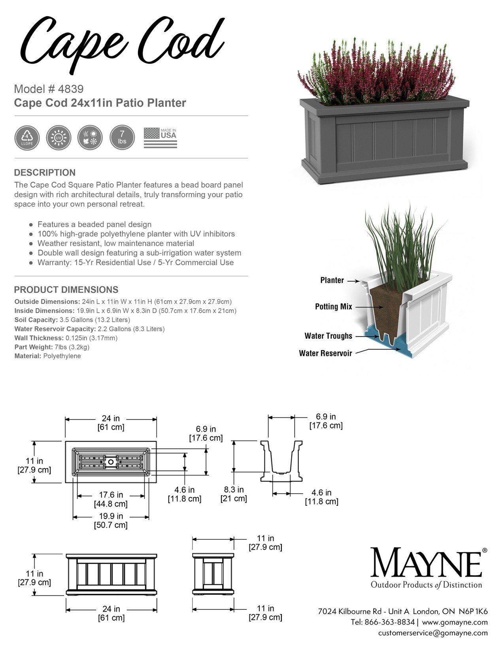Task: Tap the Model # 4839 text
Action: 49,89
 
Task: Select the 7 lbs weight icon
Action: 122,138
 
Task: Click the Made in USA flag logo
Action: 160,138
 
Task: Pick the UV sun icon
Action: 59,138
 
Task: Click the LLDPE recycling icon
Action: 27,138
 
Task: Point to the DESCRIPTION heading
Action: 45,173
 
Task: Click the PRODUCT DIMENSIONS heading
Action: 66,290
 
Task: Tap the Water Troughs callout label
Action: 328,336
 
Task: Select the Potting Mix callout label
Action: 333,307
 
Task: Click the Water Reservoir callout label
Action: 325,353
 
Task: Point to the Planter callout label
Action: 332,280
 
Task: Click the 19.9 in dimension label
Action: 111,516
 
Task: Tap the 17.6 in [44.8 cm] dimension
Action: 111,499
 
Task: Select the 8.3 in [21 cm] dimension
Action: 234,494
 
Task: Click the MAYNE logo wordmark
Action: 426,563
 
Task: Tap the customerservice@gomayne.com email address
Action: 432,633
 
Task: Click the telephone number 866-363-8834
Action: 389,622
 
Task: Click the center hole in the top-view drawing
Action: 111,462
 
